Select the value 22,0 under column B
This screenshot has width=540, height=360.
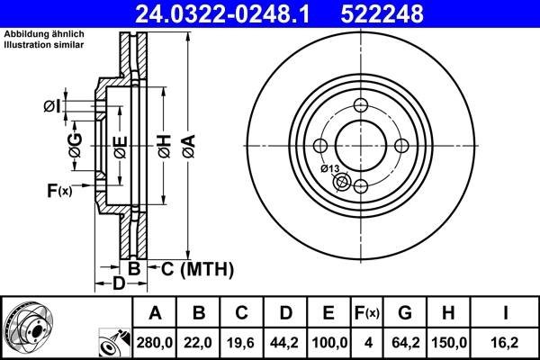(200, 343)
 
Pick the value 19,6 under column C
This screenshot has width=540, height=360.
(242, 343)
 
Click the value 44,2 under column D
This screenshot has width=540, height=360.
(286, 343)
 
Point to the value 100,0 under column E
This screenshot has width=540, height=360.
(329, 343)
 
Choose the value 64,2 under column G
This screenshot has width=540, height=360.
(405, 343)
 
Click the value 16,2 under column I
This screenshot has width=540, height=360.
(506, 343)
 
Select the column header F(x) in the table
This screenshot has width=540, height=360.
(367, 313)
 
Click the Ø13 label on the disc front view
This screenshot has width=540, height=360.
(329, 169)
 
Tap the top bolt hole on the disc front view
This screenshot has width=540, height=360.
(361, 104)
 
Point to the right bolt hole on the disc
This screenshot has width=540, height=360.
(402, 147)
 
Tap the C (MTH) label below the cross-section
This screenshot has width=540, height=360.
(197, 268)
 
